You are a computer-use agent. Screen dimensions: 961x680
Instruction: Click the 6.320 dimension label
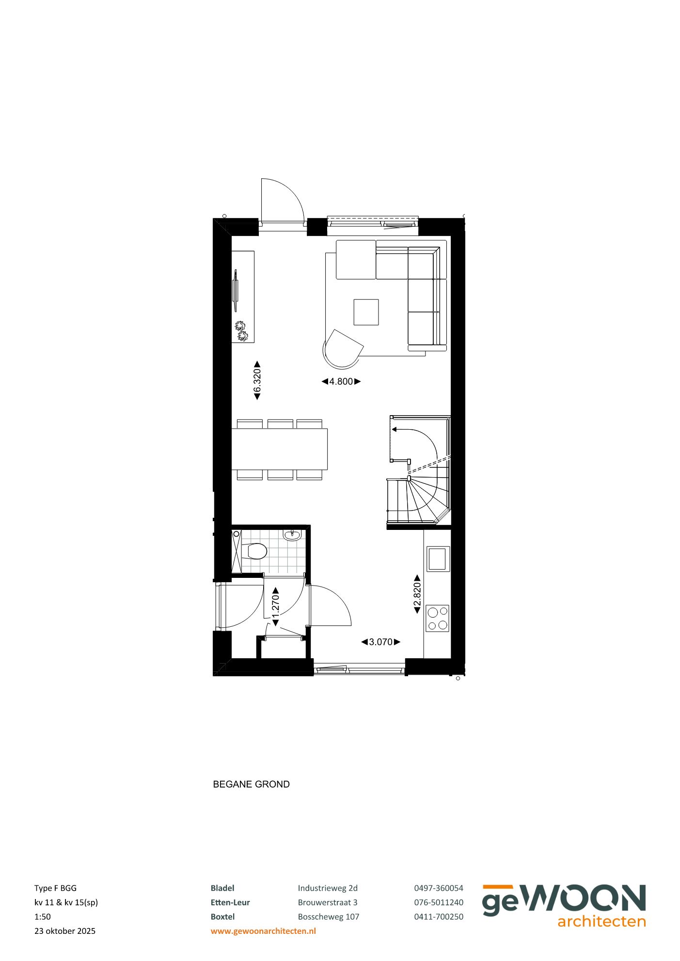click(257, 381)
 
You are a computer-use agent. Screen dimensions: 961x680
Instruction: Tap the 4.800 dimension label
click(341, 382)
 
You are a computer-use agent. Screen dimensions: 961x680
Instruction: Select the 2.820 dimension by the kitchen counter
click(417, 594)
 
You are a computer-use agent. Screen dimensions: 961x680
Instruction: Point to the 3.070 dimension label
click(381, 642)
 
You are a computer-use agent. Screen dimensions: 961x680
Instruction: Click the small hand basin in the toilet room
click(292, 535)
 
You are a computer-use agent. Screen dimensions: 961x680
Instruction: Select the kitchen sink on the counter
click(438, 558)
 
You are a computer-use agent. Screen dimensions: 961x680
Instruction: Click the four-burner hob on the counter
click(437, 618)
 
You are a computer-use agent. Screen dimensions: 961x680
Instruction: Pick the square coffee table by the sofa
click(366, 312)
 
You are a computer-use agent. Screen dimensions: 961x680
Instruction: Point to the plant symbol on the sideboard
click(241, 331)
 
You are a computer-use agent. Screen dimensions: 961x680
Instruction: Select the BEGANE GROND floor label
click(251, 784)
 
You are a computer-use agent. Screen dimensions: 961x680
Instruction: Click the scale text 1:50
click(43, 916)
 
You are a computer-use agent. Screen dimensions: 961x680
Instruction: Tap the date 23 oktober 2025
click(65, 930)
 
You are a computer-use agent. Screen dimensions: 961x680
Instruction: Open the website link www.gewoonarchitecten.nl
click(263, 930)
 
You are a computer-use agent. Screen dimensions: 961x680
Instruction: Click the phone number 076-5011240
click(438, 902)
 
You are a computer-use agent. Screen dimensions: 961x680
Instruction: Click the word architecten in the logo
click(601, 921)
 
